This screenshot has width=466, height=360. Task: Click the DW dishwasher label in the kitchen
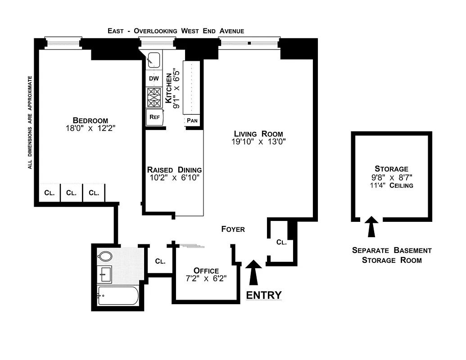[154, 78]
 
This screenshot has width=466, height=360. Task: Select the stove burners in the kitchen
[154, 97]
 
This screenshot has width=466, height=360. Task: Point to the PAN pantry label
[192, 121]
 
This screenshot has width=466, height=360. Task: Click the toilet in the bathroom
[105, 256]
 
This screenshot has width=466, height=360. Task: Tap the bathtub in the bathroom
[117, 295]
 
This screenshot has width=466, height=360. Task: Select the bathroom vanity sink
[105, 273]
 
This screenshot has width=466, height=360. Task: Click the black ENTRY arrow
[254, 272]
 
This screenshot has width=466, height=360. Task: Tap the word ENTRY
[264, 295]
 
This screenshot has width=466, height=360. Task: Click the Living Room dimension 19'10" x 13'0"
[258, 141]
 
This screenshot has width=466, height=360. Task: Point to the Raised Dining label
[174, 170]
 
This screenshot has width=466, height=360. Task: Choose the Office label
[206, 270]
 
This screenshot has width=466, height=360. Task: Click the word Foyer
[233, 229]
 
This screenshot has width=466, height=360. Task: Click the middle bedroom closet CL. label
[71, 193]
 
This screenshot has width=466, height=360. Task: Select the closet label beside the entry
[281, 242]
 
